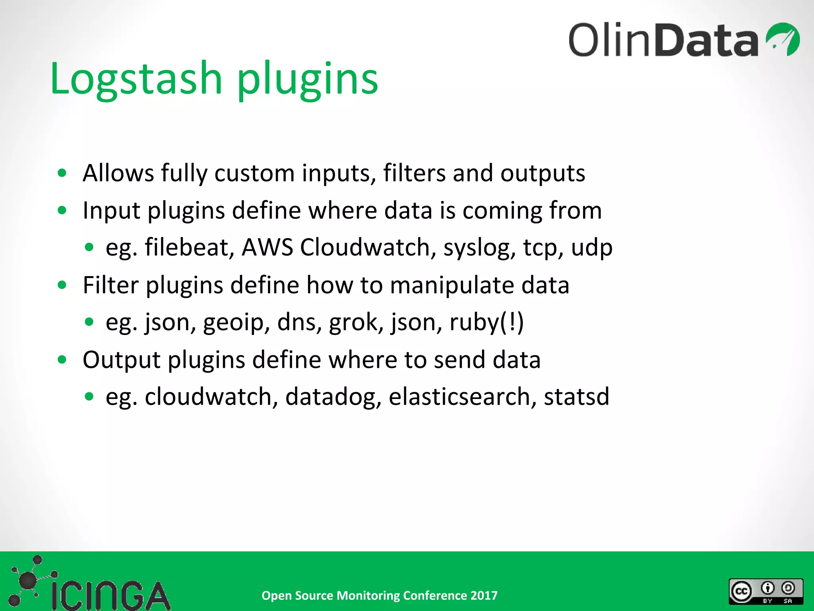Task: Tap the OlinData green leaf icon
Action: click(783, 39)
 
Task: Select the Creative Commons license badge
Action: click(766, 592)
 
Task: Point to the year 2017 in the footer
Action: click(484, 595)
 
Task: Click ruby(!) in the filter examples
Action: click(486, 322)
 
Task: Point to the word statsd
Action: click(576, 397)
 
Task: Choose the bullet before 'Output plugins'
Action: click(62, 360)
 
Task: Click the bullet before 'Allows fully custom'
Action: click(62, 173)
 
